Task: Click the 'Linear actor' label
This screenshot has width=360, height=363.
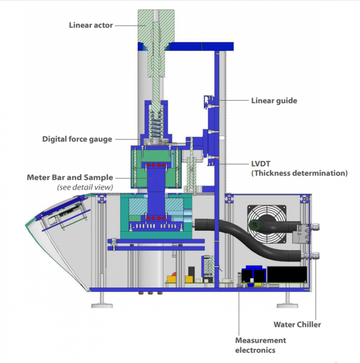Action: coord(90,25)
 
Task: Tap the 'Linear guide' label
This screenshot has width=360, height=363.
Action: coord(274,100)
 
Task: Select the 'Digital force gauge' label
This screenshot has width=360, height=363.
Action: coord(77,139)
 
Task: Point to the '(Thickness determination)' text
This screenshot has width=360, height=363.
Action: coord(299,173)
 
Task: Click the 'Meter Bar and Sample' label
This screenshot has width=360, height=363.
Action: coord(70,177)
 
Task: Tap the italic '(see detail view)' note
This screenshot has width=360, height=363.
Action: coord(85,187)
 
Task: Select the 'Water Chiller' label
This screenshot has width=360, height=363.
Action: coord(297,324)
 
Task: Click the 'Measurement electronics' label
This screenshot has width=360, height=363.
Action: coord(260,345)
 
